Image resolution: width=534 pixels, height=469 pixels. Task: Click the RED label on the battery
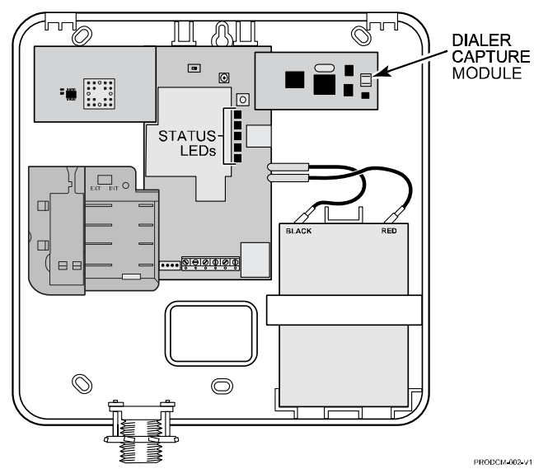click(x=389, y=232)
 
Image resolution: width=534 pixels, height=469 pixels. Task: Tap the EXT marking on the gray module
click(x=95, y=189)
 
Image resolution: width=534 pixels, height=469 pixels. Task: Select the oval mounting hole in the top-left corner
click(x=81, y=35)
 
